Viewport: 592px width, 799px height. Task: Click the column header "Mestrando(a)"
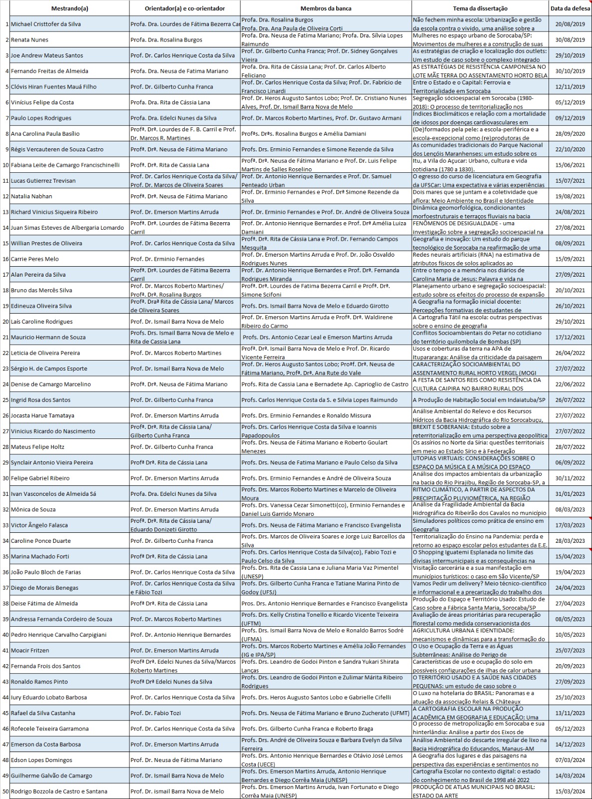pyautogui.click(x=69, y=8)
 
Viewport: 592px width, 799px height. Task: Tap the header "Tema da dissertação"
pyautogui.click(x=480, y=8)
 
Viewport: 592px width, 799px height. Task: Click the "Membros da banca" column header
pyautogui.click(x=326, y=8)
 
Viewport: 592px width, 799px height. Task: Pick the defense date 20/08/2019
pyautogui.click(x=570, y=24)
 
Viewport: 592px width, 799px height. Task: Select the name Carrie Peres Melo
pyautogui.click(x=35, y=259)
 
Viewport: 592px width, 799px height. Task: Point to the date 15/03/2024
pyautogui.click(x=570, y=792)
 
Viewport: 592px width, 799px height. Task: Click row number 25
pyautogui.click(x=5, y=400)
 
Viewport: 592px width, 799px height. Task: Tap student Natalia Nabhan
pyautogui.click(x=31, y=196)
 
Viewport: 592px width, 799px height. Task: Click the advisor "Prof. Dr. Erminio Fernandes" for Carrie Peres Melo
pyautogui.click(x=167, y=259)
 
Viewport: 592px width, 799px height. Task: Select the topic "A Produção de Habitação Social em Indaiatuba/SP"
pyautogui.click(x=479, y=400)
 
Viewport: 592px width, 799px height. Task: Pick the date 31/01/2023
pyautogui.click(x=570, y=494)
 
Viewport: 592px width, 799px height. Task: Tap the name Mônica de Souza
pyautogui.click(x=33, y=510)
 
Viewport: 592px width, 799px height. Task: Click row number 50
pyautogui.click(x=5, y=792)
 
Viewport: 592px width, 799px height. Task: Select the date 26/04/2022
pyautogui.click(x=570, y=353)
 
